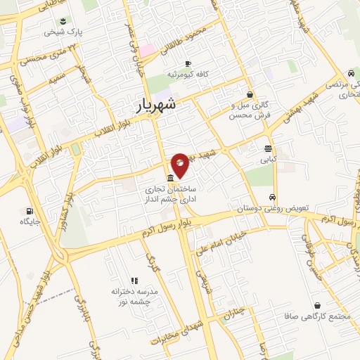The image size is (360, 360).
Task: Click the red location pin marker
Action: [x=180, y=164]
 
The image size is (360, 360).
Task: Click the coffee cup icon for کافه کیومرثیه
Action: [x=188, y=64]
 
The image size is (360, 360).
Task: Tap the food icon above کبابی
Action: [x=268, y=148]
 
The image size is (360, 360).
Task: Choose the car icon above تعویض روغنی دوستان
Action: [x=273, y=198]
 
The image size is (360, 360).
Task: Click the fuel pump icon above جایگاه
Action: [x=29, y=211]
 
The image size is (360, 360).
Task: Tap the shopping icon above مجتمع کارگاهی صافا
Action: [x=320, y=306]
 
